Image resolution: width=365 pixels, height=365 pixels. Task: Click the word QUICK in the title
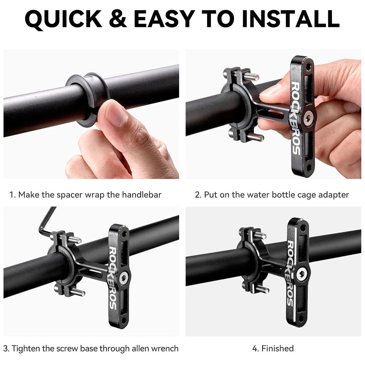point(63,19)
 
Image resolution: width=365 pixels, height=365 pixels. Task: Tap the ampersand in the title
point(118,19)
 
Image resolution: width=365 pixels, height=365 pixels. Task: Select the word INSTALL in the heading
point(291,19)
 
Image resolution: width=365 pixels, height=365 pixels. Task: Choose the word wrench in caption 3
point(165,348)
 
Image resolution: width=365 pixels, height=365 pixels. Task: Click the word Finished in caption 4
point(277,348)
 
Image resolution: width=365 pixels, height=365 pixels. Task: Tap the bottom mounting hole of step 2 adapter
point(309,167)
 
